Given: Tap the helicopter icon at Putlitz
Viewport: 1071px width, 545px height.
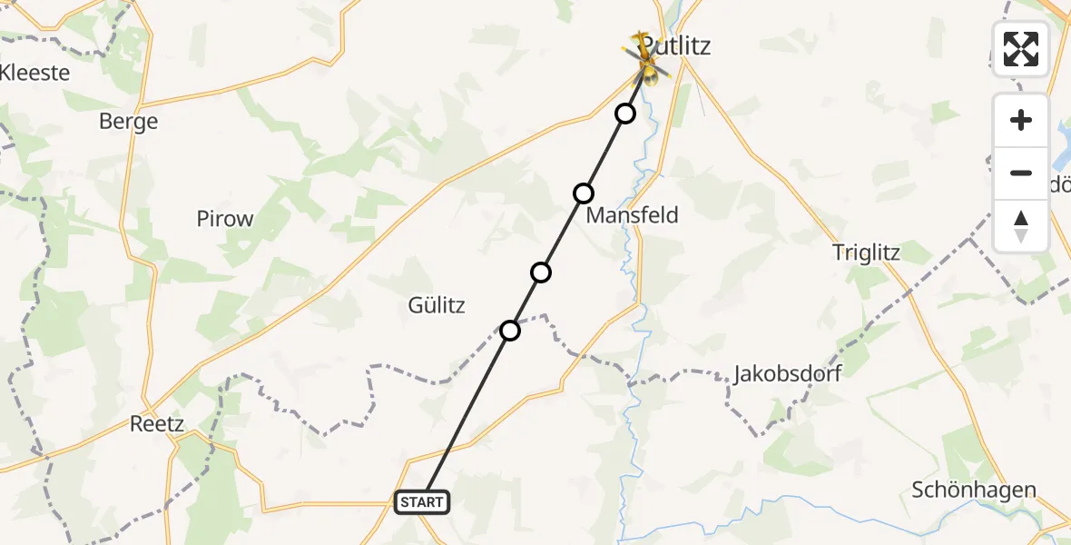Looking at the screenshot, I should [x=646, y=58].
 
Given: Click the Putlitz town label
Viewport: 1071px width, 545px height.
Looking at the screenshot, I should [x=676, y=45].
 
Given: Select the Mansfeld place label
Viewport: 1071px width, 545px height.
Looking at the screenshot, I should [x=633, y=215].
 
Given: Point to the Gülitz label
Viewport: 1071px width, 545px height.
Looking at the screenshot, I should [x=437, y=305].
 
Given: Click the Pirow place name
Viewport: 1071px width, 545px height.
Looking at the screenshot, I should [x=225, y=219].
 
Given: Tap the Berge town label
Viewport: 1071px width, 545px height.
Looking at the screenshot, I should [x=128, y=122].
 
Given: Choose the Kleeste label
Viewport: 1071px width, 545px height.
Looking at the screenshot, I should [x=34, y=73].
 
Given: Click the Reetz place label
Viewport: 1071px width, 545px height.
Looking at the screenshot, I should [x=157, y=424].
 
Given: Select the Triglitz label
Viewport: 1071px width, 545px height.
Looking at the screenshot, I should [x=866, y=253].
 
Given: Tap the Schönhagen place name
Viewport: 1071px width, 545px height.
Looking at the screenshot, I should [x=974, y=490].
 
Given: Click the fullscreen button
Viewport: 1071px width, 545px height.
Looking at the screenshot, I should [x=1021, y=49].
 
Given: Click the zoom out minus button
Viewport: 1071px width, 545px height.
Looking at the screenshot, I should [x=1021, y=173].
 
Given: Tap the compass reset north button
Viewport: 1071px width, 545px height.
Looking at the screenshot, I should [x=1021, y=226].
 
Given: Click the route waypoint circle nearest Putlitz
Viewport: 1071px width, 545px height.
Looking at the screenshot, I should [x=625, y=114].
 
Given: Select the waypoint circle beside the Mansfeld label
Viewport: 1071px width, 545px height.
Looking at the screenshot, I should [x=584, y=193].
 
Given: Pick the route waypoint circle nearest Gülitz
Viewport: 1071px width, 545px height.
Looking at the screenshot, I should [x=510, y=331].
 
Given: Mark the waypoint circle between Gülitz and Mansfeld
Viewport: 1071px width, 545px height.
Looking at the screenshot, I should [x=541, y=272].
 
